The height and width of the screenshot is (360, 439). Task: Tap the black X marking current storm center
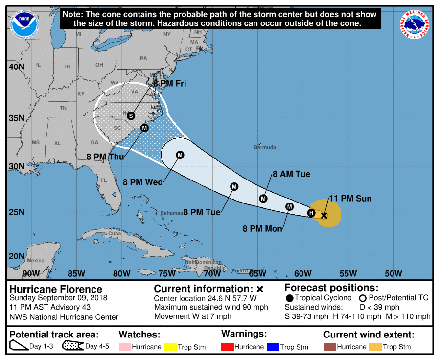[x=323, y=215]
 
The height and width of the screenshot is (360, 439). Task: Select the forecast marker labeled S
[x=131, y=116]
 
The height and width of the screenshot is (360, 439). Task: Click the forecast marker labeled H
[x=311, y=213]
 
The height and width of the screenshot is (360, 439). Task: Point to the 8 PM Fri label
[x=170, y=84]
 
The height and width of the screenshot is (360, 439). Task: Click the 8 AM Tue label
[x=291, y=174]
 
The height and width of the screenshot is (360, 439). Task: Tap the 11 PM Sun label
[x=350, y=199]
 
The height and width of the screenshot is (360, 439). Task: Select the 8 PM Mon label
[x=262, y=228]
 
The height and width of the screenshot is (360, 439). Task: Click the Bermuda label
[x=265, y=147]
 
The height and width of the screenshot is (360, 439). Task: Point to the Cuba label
[x=114, y=234]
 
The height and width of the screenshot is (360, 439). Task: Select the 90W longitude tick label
[x=31, y=273]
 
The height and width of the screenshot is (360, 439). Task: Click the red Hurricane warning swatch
[x=228, y=347]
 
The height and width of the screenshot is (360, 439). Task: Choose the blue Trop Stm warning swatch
[x=272, y=347]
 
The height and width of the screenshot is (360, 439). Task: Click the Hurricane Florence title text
[x=56, y=289]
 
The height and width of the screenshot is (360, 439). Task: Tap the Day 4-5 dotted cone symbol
[x=72, y=347]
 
